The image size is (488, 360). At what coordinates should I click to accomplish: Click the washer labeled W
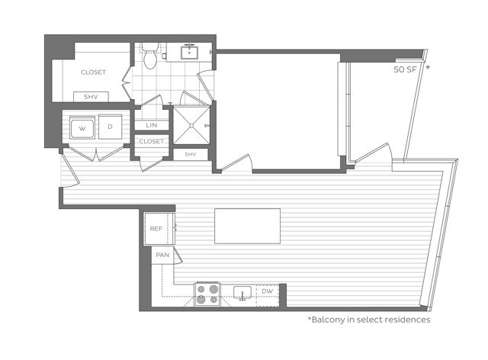[81, 128]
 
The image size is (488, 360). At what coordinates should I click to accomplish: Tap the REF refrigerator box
[156, 228]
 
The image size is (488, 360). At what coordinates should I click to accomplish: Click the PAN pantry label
[162, 256]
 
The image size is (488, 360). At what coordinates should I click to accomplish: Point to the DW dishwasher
[266, 291]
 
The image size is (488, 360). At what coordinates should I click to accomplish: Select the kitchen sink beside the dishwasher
[242, 293]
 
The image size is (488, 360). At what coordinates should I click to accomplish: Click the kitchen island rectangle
[247, 227]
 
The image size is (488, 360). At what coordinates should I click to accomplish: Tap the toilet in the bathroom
[150, 56]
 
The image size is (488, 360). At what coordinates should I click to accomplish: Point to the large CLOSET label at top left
[93, 72]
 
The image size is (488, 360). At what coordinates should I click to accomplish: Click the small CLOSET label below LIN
[152, 141]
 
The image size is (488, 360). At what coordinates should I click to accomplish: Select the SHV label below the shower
[191, 155]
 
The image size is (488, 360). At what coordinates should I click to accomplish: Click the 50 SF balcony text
[405, 69]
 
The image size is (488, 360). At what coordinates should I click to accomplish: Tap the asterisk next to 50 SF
[428, 68]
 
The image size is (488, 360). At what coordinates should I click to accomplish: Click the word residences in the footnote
[405, 320]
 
